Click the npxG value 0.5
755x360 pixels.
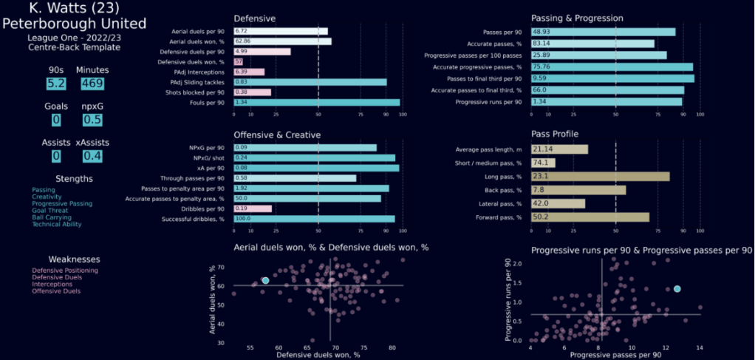(91, 120)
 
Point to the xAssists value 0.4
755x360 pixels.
(91, 156)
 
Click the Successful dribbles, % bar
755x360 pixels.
(314, 219)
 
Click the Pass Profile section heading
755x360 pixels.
(554, 134)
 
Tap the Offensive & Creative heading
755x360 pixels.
(277, 135)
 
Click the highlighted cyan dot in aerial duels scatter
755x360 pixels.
(266, 281)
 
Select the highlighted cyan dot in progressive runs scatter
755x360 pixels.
(677, 288)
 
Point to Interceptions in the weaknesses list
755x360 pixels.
(53, 285)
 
